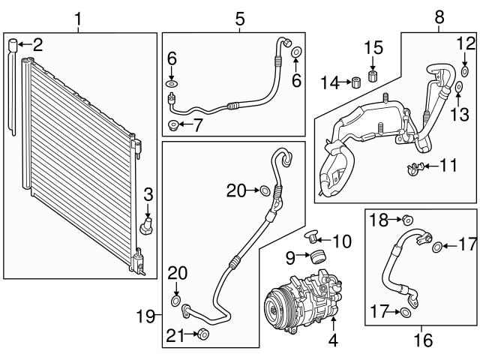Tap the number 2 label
(37, 44)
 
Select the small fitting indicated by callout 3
(147, 226)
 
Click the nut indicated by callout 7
(174, 124)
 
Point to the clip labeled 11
(412, 166)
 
